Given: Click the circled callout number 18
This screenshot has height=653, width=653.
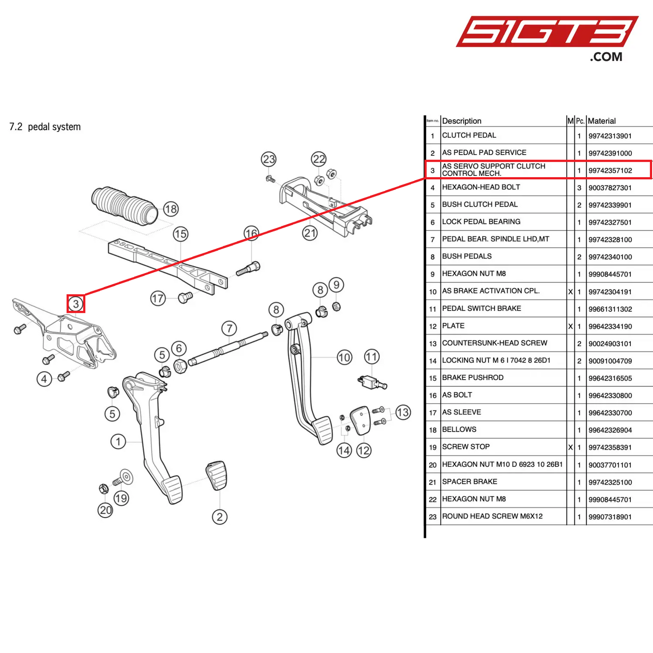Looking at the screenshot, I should [x=171, y=209].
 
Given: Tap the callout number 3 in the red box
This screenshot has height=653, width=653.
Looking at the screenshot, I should [x=76, y=304].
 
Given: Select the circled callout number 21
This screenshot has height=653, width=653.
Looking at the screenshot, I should [x=310, y=233].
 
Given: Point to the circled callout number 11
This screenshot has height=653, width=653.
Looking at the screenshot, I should [x=371, y=357].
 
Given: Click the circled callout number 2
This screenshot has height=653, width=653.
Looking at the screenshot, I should [x=220, y=517].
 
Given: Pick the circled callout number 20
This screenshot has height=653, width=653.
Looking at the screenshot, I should [x=105, y=510].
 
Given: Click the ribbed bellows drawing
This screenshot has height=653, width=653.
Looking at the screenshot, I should [x=124, y=206].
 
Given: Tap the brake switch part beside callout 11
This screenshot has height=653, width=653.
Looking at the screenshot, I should [x=372, y=382].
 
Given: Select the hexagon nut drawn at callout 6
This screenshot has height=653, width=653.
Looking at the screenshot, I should [x=180, y=366].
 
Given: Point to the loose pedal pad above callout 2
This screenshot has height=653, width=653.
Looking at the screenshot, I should [x=216, y=475].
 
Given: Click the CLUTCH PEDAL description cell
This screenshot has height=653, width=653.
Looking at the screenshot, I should [x=469, y=135].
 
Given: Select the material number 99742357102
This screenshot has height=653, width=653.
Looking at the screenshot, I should [x=610, y=170].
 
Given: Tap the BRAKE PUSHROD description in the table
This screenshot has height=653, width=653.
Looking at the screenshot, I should [x=472, y=377].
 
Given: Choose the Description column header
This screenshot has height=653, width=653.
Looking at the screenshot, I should [x=461, y=121].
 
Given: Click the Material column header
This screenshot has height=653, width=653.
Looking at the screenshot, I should [x=601, y=121].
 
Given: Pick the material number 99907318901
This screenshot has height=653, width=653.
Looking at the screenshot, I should [x=610, y=517].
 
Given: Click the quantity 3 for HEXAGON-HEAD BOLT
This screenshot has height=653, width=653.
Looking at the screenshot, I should [x=579, y=188].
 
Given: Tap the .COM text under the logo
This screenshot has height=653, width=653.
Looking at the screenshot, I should [x=606, y=57].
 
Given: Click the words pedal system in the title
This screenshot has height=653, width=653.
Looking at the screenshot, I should [x=54, y=127].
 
